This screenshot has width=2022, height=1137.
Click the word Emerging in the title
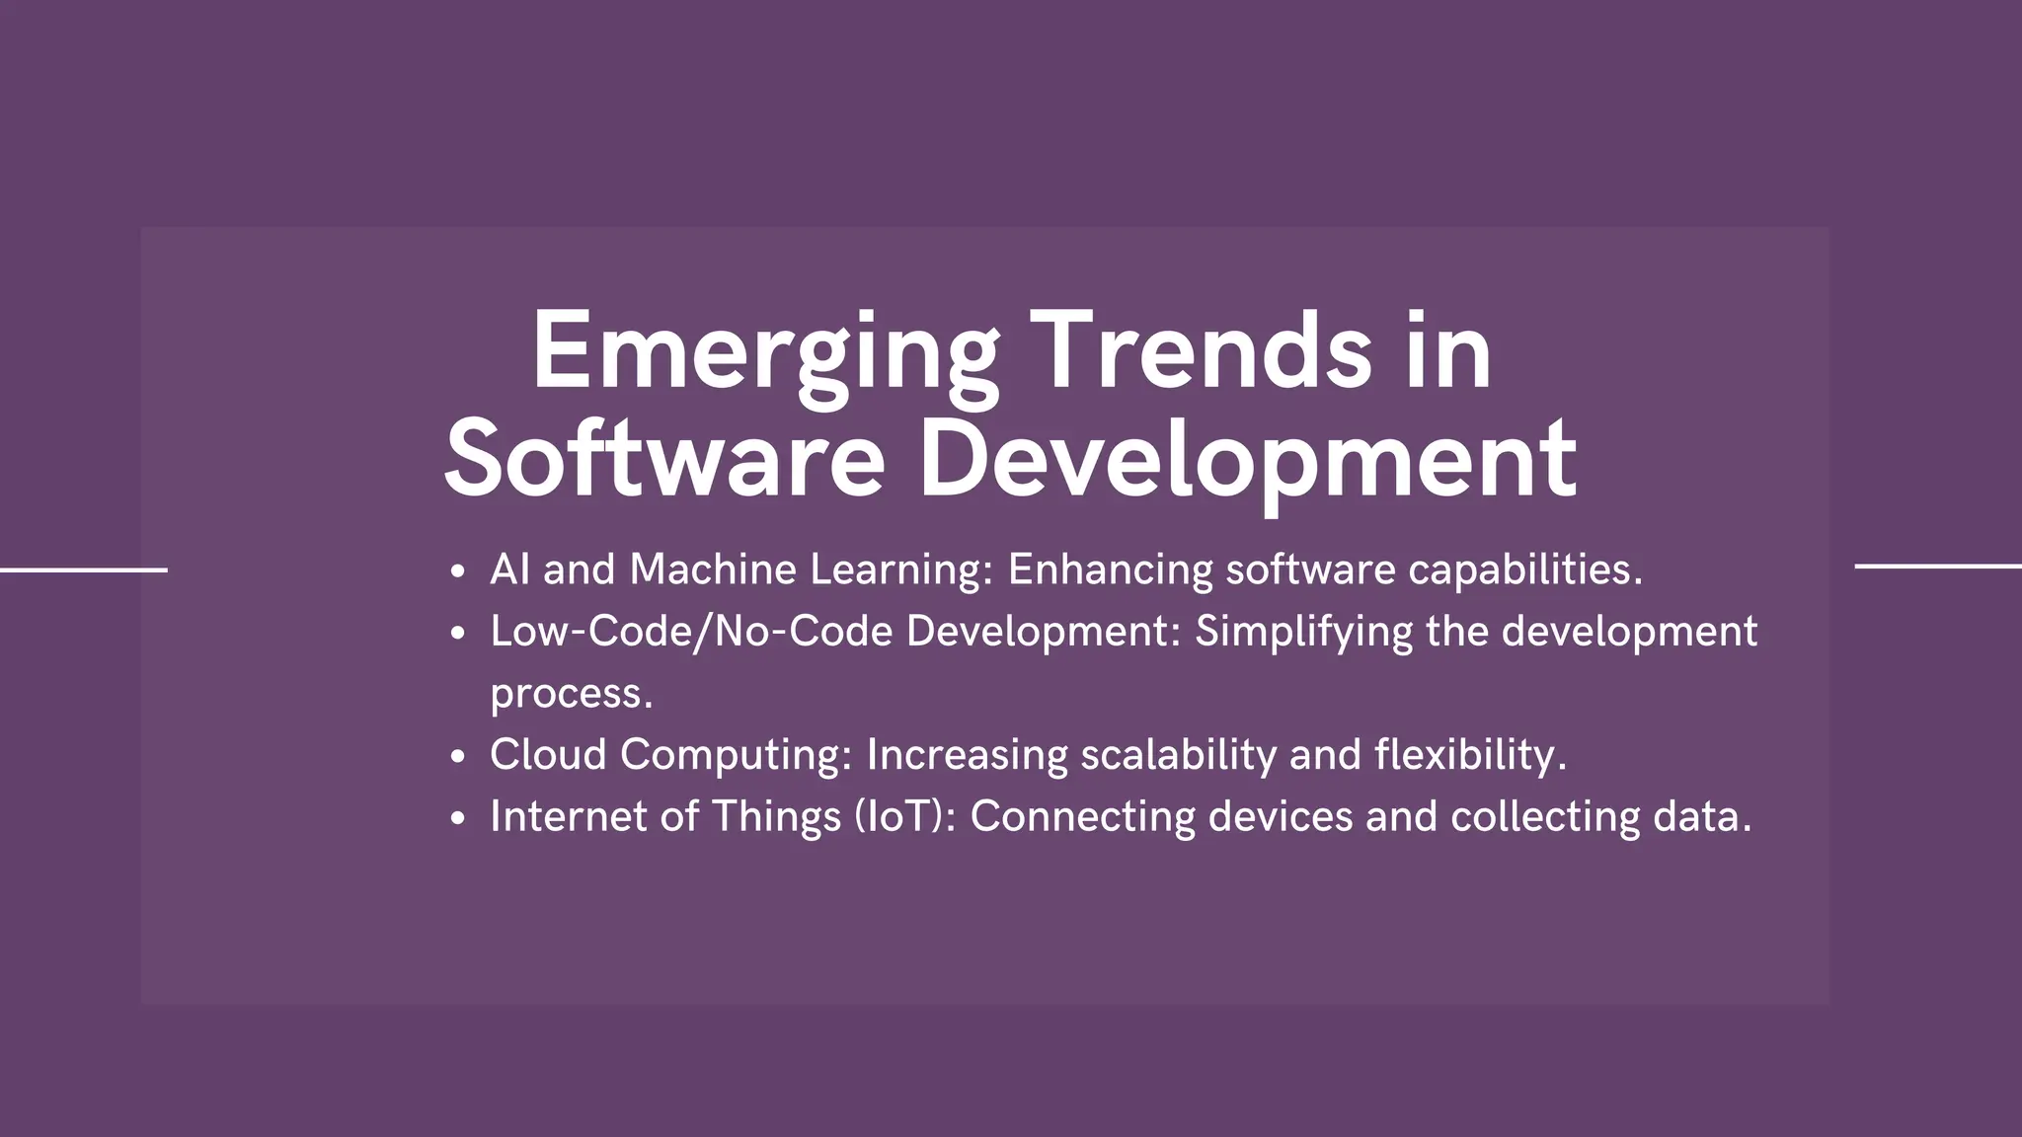pos(765,353)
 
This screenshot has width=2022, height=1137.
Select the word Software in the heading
pos(664,460)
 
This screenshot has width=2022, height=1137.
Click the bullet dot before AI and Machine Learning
pos(456,571)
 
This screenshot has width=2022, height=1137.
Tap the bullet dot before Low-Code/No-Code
pos(456,634)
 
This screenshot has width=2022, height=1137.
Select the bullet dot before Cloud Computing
pos(456,757)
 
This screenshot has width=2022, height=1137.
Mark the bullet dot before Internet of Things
pos(456,818)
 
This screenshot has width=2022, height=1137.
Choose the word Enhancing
pos(1110,570)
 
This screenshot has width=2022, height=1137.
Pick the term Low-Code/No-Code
pos(691,632)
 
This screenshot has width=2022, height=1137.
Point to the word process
pos(571,694)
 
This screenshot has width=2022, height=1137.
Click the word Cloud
pos(548,755)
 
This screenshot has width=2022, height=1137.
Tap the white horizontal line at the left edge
pos(84,569)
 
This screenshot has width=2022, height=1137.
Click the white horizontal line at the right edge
pos(1938,567)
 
